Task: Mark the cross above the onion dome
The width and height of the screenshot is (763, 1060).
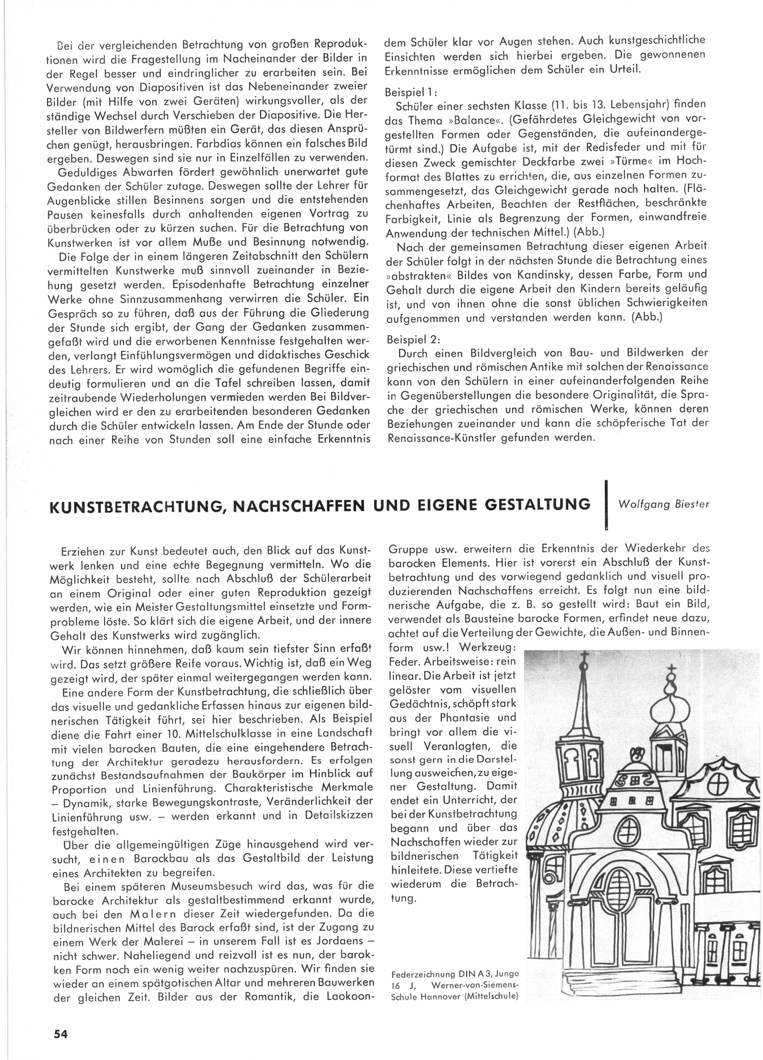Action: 671,670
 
